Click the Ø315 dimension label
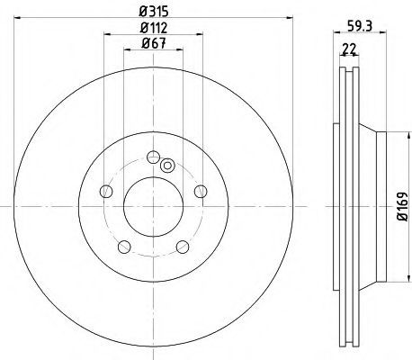coord(154,12)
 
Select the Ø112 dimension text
coord(154,28)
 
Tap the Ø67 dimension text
coord(154,44)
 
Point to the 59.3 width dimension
coord(360,26)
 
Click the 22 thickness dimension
coord(349,49)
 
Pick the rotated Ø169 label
coord(403,207)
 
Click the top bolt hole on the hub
coord(153,157)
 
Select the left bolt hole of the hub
coord(106,191)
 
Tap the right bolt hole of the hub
coord(201,191)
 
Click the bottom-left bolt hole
coord(124,247)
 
